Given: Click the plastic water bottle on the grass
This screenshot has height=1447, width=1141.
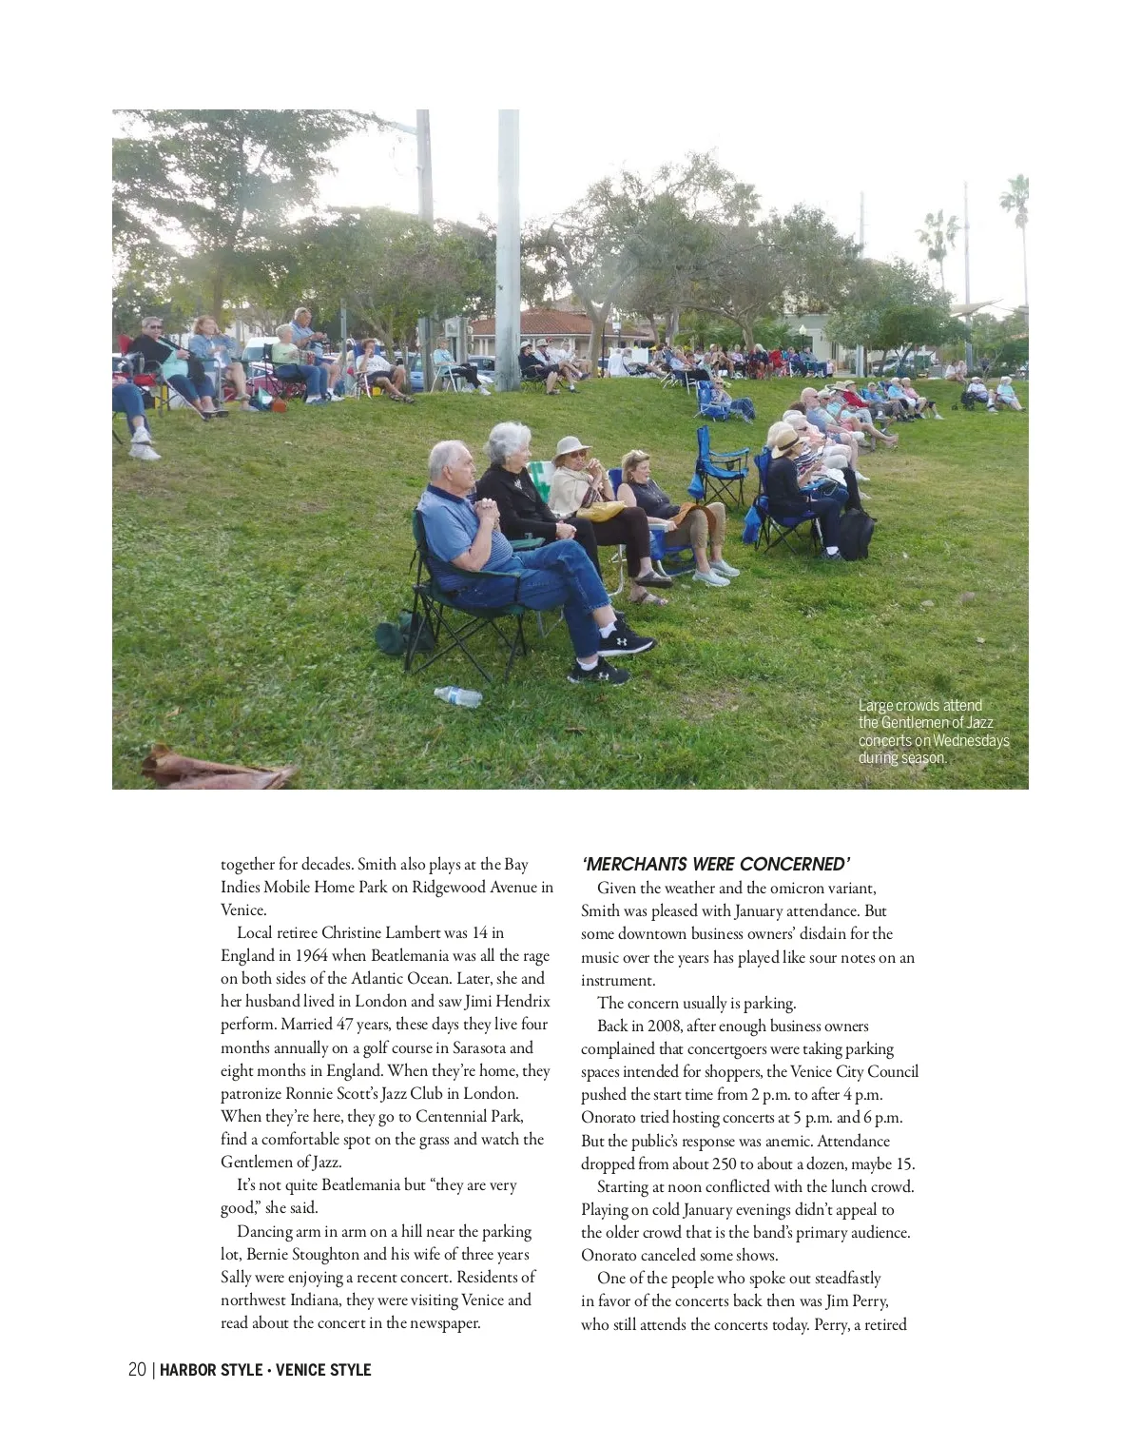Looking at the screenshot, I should [x=458, y=696].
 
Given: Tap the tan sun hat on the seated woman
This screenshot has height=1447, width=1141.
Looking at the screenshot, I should [x=572, y=446].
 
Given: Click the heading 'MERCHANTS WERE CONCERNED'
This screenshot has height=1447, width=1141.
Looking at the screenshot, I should [x=715, y=864].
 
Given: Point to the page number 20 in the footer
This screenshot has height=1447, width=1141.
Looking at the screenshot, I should [x=137, y=1370].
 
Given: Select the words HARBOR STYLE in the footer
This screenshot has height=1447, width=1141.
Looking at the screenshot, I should [x=211, y=1370].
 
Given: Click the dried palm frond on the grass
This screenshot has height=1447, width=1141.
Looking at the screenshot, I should [x=214, y=769].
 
